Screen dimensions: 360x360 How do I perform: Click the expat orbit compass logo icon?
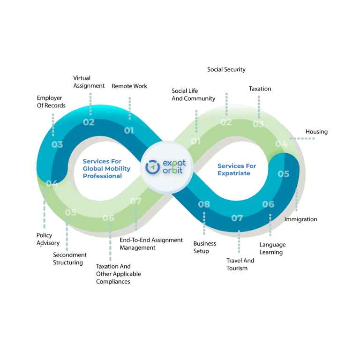tap(152, 167)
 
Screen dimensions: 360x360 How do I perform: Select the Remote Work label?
tap(129, 86)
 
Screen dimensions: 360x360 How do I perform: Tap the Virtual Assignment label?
tap(89, 82)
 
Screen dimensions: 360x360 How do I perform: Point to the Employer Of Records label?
tap(51, 102)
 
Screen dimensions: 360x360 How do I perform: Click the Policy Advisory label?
tap(48, 239)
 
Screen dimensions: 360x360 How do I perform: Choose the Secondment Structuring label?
tap(70, 259)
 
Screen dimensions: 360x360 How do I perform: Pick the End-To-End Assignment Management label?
tap(151, 244)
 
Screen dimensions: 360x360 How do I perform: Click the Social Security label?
tap(226, 69)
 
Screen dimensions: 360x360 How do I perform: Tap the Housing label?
tap(316, 132)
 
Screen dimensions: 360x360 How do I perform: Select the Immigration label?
tap(301, 219)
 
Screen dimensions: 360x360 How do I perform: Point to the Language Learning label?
tap(272, 248)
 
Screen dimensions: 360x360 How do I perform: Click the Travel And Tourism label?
tap(240, 264)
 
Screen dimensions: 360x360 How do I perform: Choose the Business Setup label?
tap(204, 247)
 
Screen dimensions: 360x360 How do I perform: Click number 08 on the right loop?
tap(204, 204)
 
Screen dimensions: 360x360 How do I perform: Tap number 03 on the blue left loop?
tap(57, 144)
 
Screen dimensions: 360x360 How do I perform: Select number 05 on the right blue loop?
tap(283, 174)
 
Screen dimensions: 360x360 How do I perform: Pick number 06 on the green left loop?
tap(108, 218)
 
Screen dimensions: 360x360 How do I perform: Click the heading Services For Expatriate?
tap(237, 169)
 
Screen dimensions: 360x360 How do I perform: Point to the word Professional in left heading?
tap(102, 176)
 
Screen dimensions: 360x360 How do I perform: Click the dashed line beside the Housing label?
tap(302, 138)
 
